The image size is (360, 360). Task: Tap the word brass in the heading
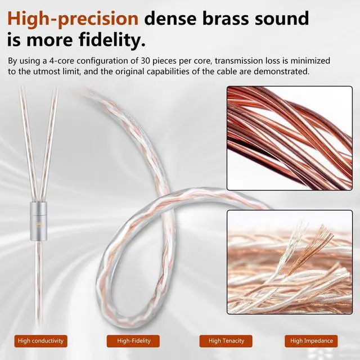(x=224, y=17)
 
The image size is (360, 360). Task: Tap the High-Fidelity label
(x=132, y=340)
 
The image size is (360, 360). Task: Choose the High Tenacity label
(x=226, y=340)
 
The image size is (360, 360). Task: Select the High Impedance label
(x=312, y=340)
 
